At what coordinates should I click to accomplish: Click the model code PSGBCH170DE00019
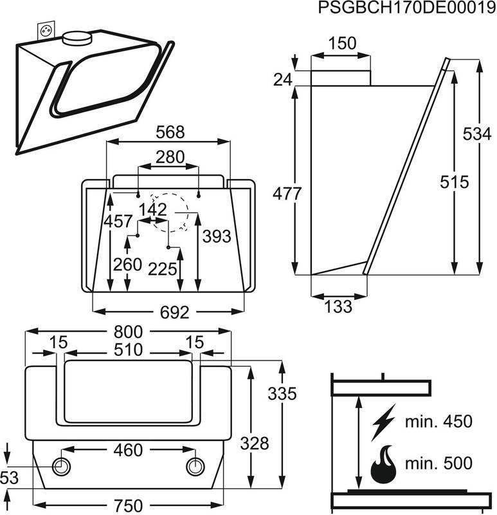coord(407,7)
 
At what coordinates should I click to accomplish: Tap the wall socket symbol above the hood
coord(46,30)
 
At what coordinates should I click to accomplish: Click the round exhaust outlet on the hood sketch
coord(77,38)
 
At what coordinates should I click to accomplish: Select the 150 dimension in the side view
coord(342,43)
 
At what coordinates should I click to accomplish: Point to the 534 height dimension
coord(477,134)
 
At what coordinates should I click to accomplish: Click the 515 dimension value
coord(455,182)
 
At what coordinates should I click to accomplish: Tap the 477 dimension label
coord(287,194)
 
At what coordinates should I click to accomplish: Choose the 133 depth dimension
coord(338,306)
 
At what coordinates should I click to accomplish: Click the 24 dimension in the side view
coord(283,80)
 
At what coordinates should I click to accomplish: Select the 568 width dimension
coord(170,133)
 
